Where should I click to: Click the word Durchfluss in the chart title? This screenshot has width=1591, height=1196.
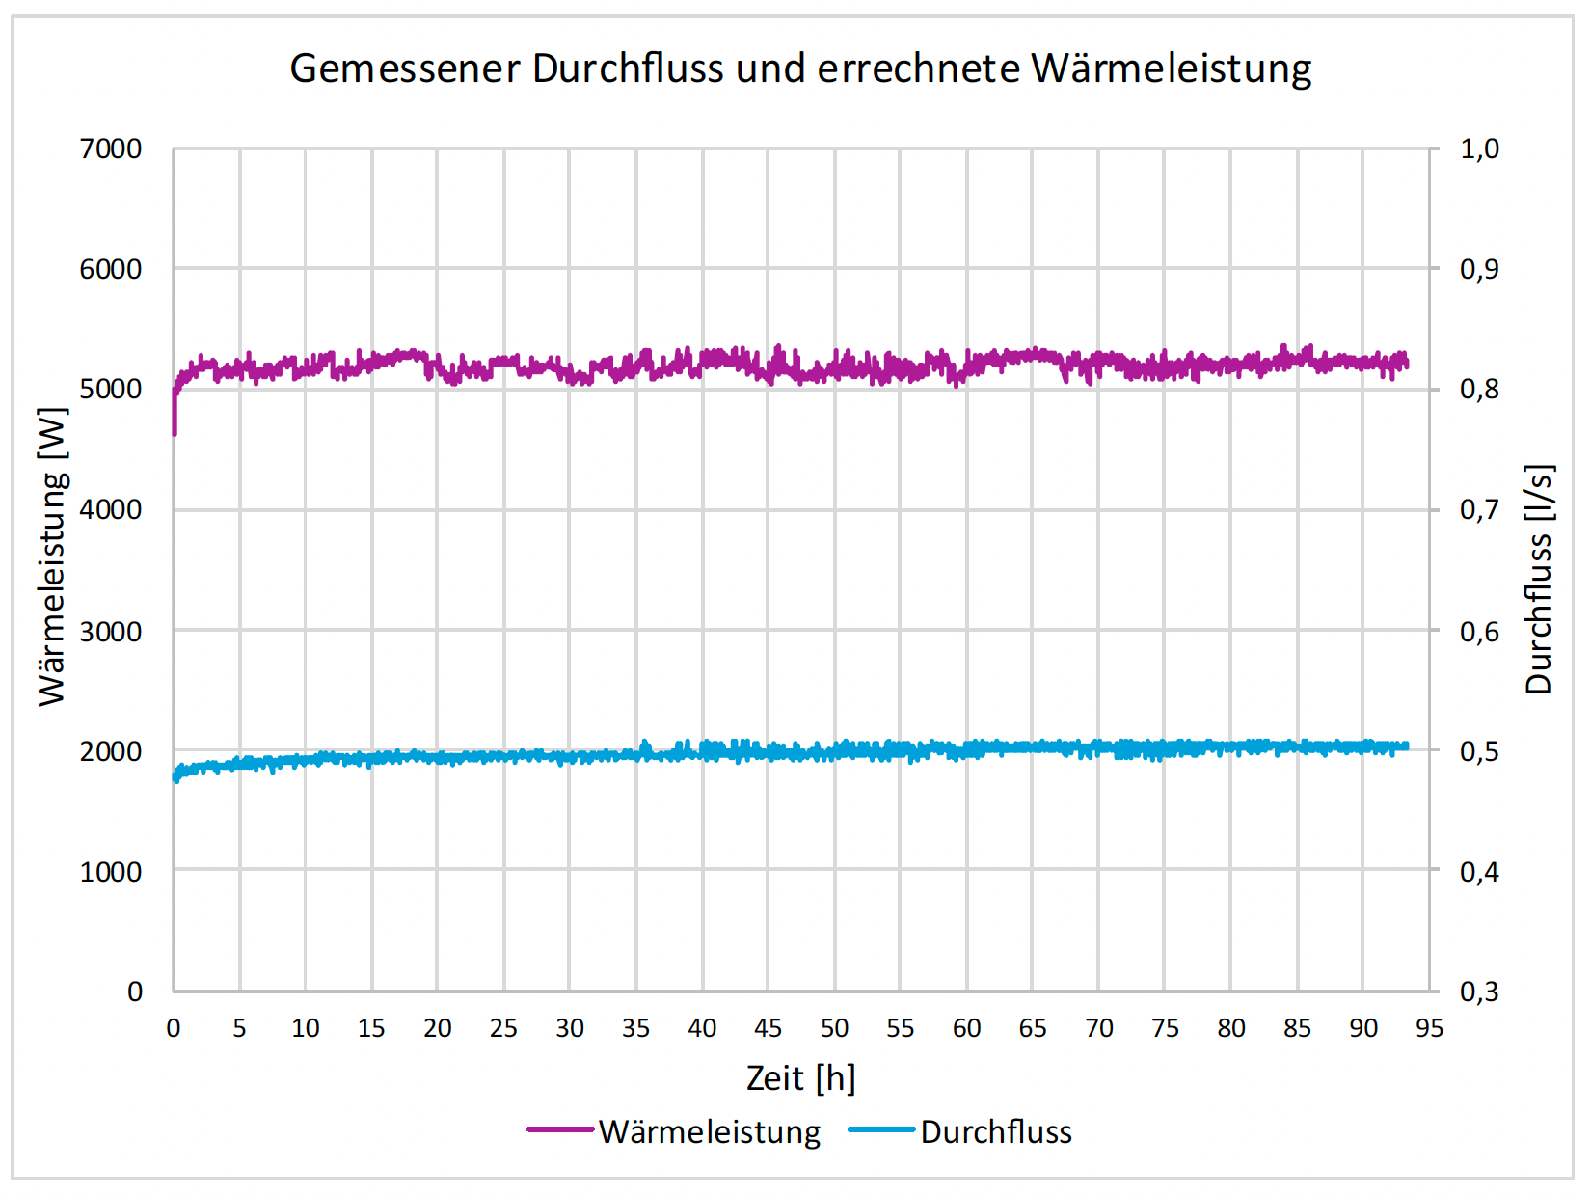pos(628,68)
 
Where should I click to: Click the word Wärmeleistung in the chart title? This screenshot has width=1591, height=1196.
pos(1171,68)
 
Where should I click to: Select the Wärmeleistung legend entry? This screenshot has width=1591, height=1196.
pos(709,1131)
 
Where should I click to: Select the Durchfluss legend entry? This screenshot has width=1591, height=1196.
pos(995,1131)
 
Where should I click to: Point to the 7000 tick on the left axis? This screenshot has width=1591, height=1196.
pos(110,149)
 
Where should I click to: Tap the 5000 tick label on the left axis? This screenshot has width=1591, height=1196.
pos(110,389)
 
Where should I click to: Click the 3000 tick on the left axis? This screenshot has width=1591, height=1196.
pos(110,631)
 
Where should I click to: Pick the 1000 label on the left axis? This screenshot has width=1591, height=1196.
pos(110,871)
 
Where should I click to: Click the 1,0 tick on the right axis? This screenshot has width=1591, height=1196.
pos(1479,149)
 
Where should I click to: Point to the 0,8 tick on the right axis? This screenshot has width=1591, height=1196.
pos(1479,389)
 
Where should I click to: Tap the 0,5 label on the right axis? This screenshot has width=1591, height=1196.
pos(1479,750)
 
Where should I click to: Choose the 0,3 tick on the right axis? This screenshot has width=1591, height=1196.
pos(1479,992)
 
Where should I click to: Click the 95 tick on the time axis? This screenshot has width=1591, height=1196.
pos(1429,1028)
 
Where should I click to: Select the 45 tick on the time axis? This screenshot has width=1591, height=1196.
pos(768,1028)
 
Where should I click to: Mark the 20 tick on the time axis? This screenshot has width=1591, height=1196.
pos(437,1028)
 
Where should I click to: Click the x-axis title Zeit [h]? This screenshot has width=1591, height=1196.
pos(800,1077)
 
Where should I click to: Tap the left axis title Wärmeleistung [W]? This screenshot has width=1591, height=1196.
pos(53,557)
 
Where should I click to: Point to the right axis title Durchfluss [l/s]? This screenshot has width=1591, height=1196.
pos(1539,579)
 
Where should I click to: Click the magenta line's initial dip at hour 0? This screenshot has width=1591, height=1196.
pos(175,429)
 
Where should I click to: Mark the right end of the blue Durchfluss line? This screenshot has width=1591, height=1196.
pos(1406,746)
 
